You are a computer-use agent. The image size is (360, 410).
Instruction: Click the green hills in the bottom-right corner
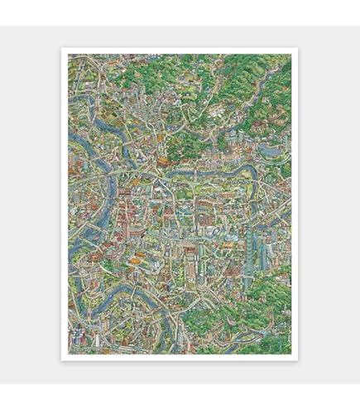coord(265,323)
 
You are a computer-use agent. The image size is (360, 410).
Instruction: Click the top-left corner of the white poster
coord(62,48)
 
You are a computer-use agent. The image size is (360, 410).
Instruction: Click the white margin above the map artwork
coord(180,51)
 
